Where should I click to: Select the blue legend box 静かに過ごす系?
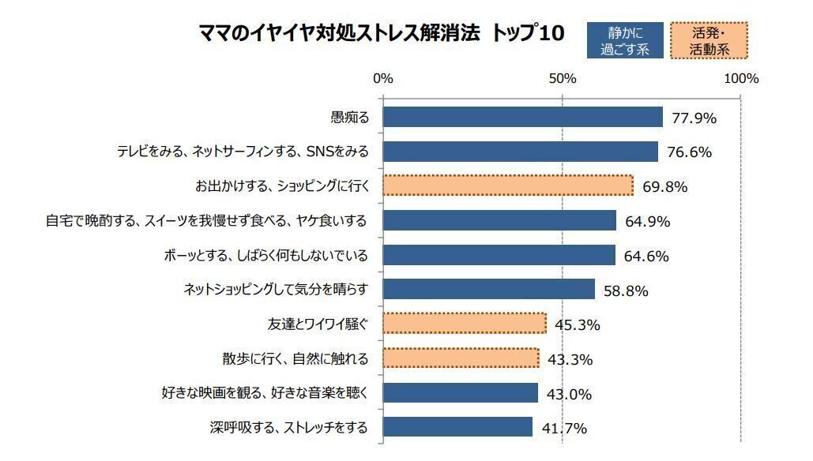[624, 40]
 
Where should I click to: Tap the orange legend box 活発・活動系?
[709, 40]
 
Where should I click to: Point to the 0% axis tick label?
[382, 78]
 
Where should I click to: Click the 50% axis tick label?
[562, 78]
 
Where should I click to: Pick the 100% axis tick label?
[741, 78]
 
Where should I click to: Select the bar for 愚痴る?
[522, 117]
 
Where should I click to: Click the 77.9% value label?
[694, 118]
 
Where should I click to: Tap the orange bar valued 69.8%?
[508, 186]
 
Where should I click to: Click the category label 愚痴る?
[349, 118]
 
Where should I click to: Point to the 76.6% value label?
[689, 152]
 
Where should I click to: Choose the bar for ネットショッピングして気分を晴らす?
[488, 289]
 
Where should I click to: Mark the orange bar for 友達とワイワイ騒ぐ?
[465, 324]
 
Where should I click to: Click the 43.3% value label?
[570, 360]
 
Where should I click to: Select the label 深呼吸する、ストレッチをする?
[289, 428]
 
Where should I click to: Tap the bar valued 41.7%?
[457, 427]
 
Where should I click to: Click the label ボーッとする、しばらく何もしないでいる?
[266, 255]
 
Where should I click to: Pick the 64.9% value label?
[647, 222]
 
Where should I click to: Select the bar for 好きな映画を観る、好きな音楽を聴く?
[460, 392]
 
